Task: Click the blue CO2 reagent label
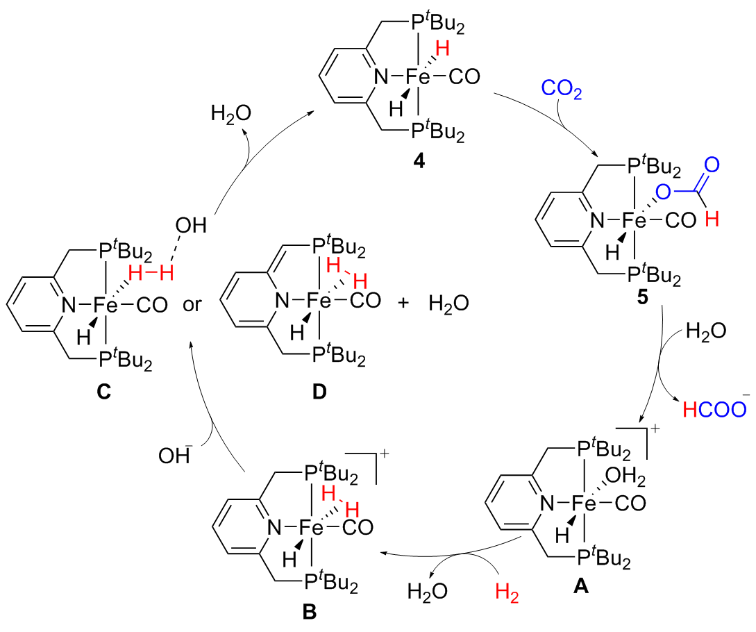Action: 562,89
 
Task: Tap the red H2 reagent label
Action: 507,593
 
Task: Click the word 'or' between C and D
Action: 194,305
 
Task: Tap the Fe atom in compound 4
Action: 419,78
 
